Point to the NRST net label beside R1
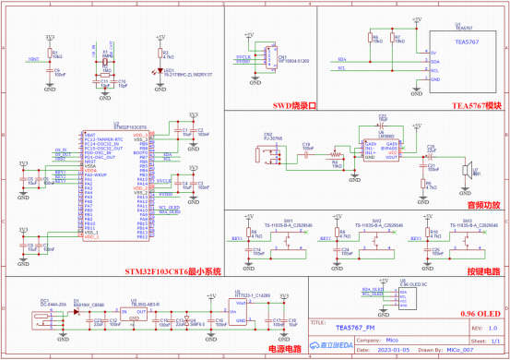tap(34, 59)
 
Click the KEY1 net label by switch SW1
tap(235, 238)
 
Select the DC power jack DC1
tap(40, 320)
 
